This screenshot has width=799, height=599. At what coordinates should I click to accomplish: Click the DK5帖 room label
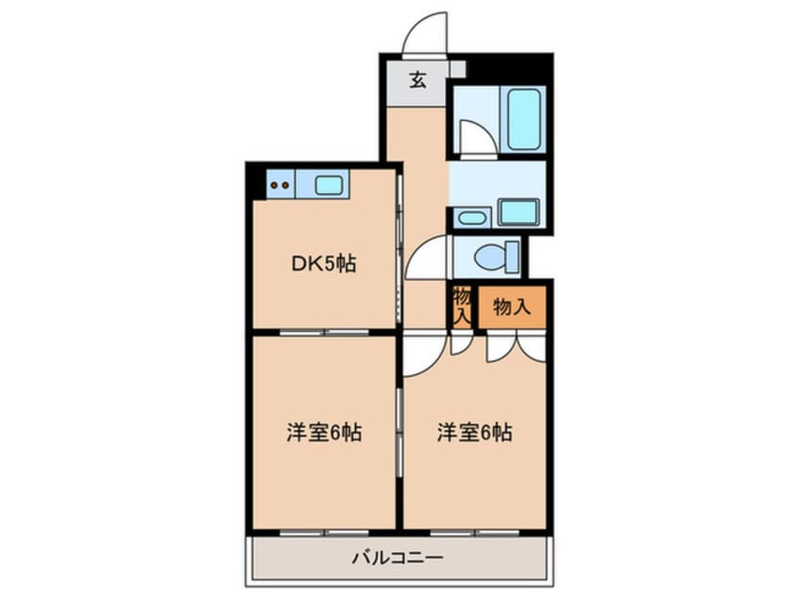[323, 264]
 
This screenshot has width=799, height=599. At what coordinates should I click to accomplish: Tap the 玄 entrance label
[417, 80]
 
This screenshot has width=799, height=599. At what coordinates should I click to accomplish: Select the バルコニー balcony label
[398, 557]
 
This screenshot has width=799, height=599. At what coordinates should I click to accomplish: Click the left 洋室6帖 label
[324, 433]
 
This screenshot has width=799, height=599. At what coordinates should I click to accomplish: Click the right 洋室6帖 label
[474, 433]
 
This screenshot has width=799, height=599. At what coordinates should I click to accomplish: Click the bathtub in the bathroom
[523, 119]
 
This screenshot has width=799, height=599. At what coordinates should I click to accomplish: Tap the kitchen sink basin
[328, 185]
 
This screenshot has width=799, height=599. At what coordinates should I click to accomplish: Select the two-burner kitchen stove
[280, 184]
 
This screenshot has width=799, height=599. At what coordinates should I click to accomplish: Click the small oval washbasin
[472, 218]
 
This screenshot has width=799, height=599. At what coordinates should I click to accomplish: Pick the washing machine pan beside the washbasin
[518, 212]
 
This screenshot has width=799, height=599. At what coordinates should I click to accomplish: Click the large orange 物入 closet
[512, 307]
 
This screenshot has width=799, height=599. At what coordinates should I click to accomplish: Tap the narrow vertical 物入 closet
[462, 307]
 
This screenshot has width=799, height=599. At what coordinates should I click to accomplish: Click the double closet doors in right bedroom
[516, 347]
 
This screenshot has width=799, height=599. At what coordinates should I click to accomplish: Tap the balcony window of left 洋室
[324, 533]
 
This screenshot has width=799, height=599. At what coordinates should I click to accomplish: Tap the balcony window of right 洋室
[474, 533]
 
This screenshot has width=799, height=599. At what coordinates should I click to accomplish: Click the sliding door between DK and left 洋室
[324, 333]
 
